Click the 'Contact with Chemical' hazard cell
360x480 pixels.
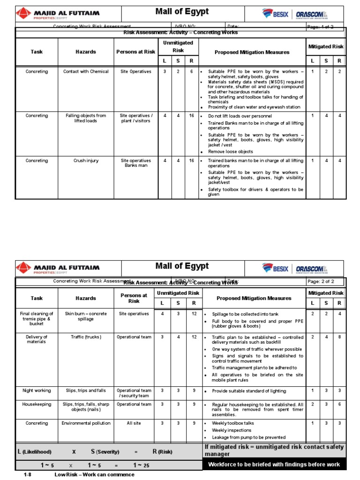(86, 72)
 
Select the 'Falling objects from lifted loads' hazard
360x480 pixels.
(86, 118)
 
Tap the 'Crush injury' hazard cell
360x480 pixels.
(86, 161)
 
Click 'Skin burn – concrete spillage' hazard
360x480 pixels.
(86, 316)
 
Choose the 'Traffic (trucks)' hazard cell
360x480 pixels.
(86, 337)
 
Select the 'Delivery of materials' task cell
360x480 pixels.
(37, 339)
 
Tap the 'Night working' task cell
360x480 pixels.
(37, 390)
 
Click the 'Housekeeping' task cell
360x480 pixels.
(37, 405)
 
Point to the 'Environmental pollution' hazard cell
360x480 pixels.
(86, 423)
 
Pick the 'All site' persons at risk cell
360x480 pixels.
(134, 423)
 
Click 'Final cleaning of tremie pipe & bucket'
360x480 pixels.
(37, 319)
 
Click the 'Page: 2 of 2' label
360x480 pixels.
(321, 282)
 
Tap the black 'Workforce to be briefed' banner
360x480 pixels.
(274, 465)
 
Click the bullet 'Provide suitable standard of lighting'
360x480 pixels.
(248, 391)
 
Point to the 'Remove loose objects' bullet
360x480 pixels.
(230, 152)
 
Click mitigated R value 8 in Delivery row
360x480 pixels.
(339, 337)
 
